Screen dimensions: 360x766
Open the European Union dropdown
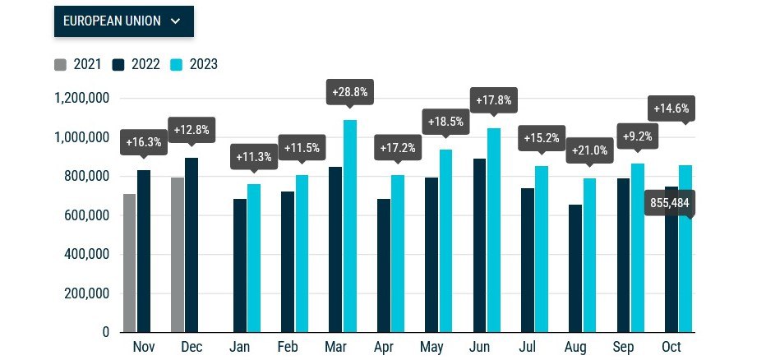coord(123,21)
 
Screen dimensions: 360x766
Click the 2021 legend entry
coord(77,64)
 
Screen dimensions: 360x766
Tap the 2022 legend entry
coord(136,64)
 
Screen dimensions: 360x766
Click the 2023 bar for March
coord(350,226)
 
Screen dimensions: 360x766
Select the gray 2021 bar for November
coord(129,263)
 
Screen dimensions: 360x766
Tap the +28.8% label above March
coord(350,92)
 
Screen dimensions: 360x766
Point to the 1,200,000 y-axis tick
coord(81,98)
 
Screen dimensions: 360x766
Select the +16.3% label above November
coord(143,141)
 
